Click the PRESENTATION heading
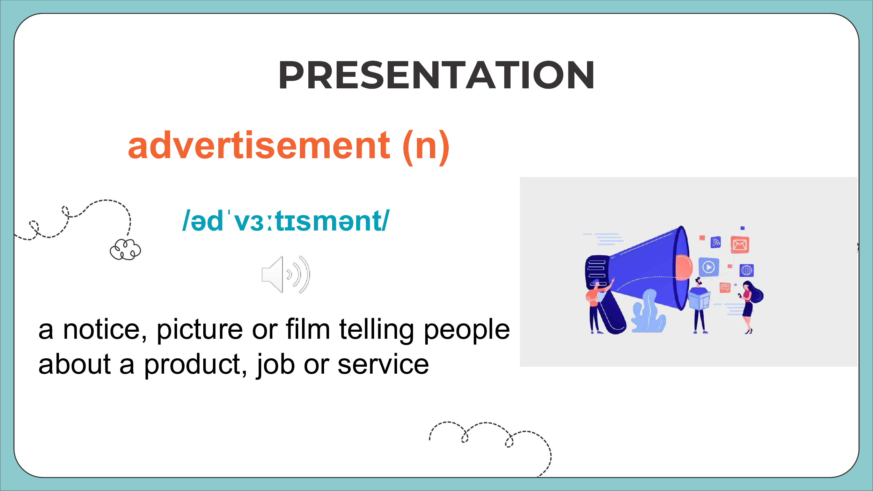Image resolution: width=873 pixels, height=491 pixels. point(436,75)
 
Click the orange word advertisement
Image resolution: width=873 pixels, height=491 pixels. point(259,145)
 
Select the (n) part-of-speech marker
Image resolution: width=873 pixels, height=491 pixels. point(426,147)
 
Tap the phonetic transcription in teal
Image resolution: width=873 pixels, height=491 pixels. point(286,221)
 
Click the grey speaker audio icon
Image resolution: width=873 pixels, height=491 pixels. point(286,274)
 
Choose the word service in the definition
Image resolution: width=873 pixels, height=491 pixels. point(383,365)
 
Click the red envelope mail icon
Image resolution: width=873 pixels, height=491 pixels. point(740,245)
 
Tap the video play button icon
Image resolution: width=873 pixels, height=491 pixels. point(709,267)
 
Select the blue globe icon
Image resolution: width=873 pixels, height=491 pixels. point(747,270)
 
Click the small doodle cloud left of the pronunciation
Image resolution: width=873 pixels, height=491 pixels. point(125,249)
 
